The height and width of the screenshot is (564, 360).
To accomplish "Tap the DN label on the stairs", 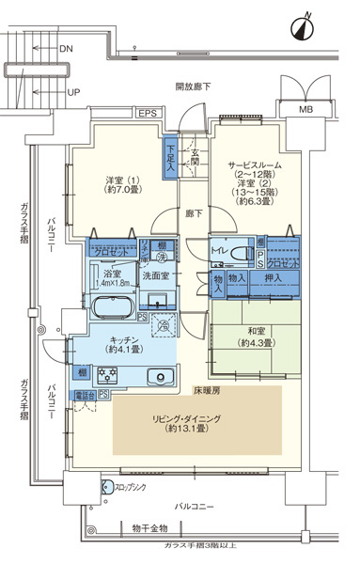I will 66,47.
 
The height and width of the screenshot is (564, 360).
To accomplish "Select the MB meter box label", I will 305,109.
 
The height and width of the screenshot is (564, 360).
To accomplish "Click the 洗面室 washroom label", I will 155,275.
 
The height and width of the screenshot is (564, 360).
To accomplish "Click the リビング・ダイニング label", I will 196,421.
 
